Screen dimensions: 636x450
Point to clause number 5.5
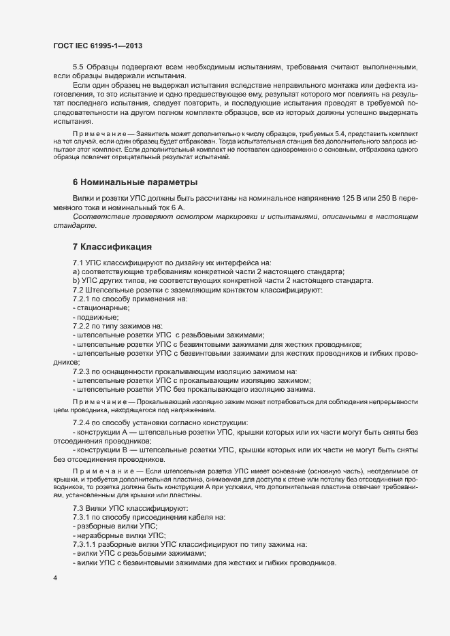(78, 67)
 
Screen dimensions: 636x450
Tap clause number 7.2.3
(81, 371)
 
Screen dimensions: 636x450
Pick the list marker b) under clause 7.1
(76, 280)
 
